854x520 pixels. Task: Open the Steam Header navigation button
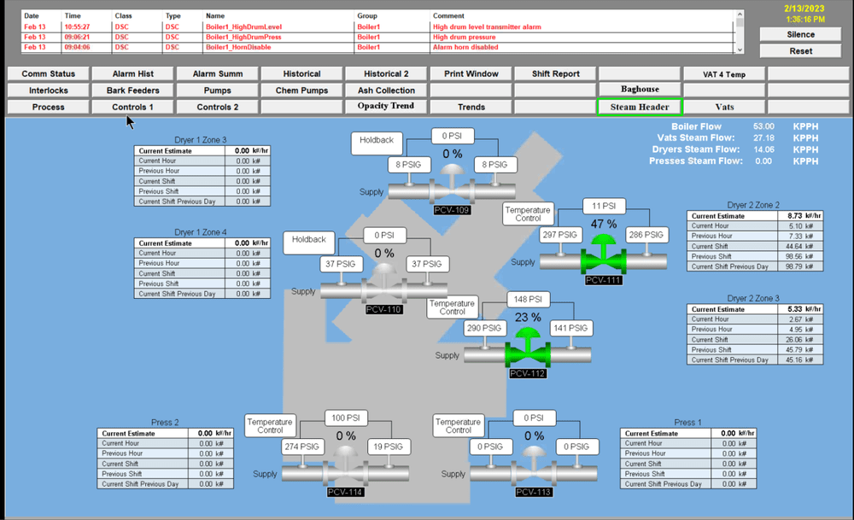click(x=640, y=107)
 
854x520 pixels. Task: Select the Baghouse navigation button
click(x=640, y=90)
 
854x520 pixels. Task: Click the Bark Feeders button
click(x=132, y=90)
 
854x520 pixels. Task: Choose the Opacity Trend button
click(x=386, y=107)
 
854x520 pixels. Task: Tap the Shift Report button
click(x=555, y=73)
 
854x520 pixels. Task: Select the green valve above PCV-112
click(x=527, y=349)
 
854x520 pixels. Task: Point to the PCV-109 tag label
click(x=451, y=209)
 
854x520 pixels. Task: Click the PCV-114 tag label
click(x=345, y=492)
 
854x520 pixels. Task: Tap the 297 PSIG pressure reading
click(x=560, y=235)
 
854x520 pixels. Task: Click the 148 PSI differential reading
click(x=529, y=300)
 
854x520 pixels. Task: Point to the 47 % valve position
click(x=604, y=224)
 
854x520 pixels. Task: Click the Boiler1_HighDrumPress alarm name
click(x=243, y=38)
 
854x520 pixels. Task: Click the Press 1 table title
click(x=687, y=423)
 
